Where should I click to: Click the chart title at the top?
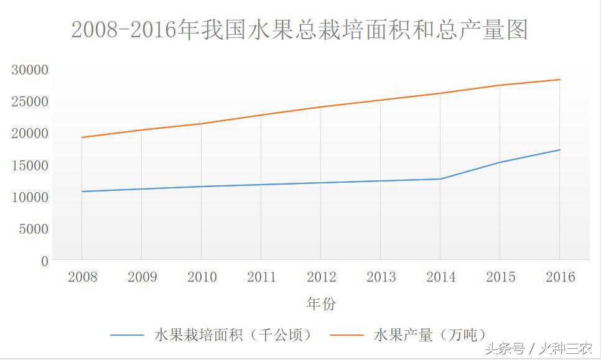(x=299, y=30)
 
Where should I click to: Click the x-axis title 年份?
(x=321, y=304)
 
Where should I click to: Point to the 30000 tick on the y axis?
(x=29, y=70)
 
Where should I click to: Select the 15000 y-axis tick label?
(x=29, y=165)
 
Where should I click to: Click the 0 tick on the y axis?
(x=44, y=261)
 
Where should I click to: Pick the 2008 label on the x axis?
(x=82, y=277)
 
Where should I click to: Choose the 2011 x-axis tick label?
(x=261, y=277)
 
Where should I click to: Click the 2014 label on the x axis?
(x=440, y=277)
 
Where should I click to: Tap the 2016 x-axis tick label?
(x=560, y=277)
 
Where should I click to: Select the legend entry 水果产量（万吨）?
(x=429, y=335)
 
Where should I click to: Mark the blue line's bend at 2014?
(x=440, y=179)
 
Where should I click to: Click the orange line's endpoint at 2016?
(x=560, y=80)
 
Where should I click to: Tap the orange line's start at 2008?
(x=82, y=137)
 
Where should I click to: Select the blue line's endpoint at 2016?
(x=560, y=150)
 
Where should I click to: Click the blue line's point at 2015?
(x=500, y=162)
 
